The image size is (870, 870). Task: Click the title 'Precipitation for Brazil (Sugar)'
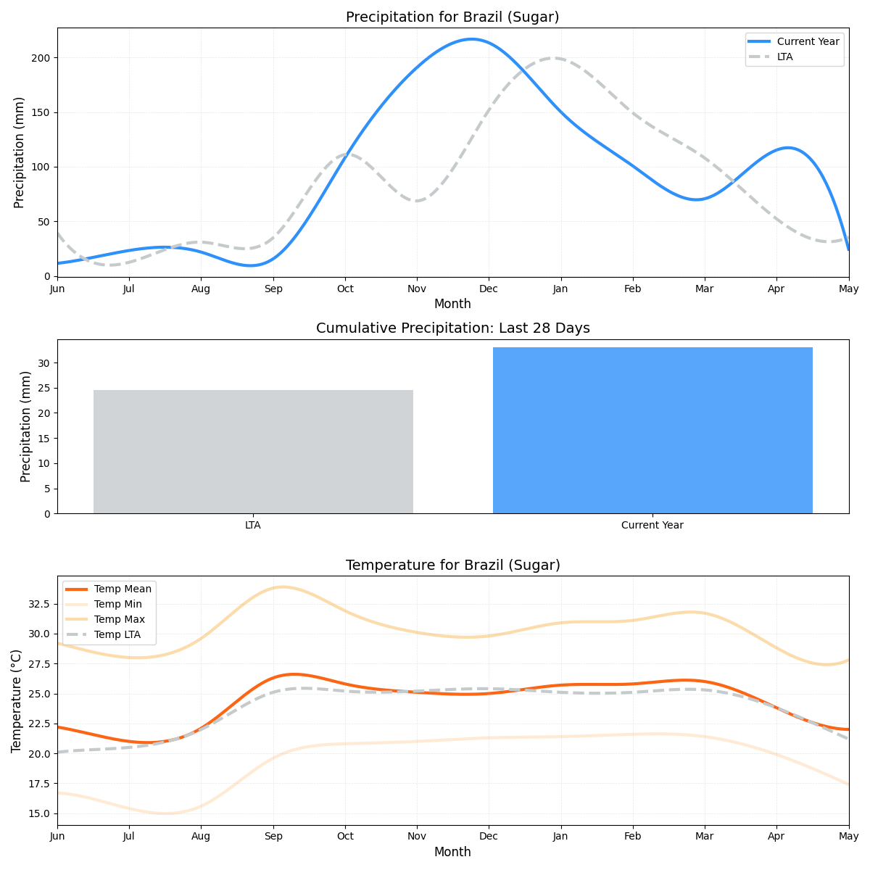tap(452, 17)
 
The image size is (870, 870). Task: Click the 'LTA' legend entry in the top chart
tap(784, 57)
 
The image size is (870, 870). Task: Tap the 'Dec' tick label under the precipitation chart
tap(489, 289)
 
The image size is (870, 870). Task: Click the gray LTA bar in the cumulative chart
tap(253, 452)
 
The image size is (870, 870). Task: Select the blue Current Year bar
tap(652, 431)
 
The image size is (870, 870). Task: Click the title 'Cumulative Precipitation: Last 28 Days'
tap(452, 328)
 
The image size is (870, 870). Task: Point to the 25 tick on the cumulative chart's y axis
tap(46, 389)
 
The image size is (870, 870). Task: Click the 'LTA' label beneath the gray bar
tap(253, 526)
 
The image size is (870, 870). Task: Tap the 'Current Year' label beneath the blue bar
tap(652, 526)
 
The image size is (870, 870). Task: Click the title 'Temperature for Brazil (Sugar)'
tap(452, 565)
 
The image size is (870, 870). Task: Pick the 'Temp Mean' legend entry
tap(123, 589)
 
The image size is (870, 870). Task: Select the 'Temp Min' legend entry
tap(117, 605)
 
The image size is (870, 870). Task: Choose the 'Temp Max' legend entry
tap(119, 620)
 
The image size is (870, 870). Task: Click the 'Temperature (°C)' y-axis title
tap(16, 700)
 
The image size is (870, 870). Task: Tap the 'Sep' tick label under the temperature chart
tap(273, 836)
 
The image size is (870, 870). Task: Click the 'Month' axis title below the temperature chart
tap(452, 853)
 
